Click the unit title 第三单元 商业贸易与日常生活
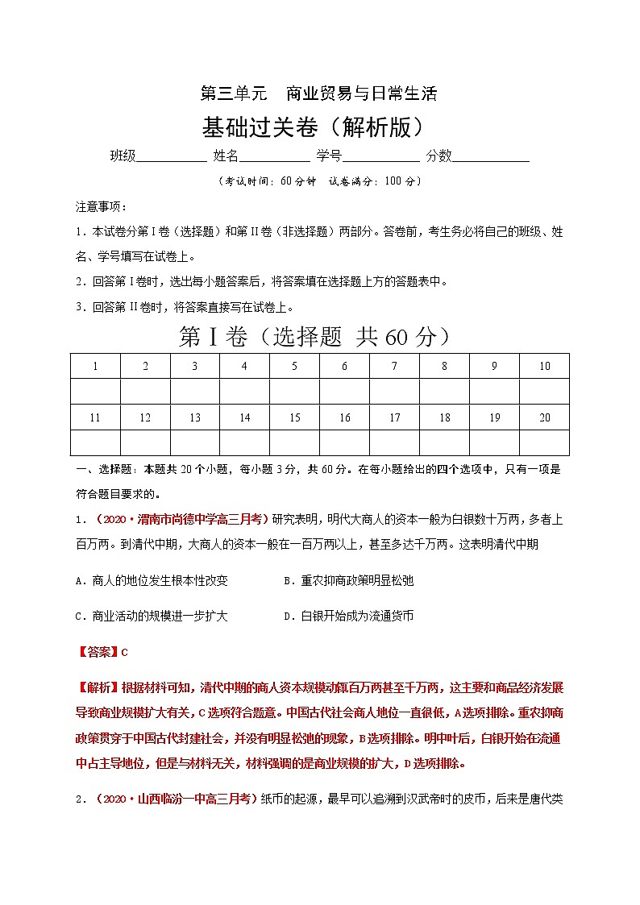[318, 93]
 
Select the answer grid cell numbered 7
[394, 366]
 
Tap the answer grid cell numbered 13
[195, 417]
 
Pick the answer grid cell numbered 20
[545, 417]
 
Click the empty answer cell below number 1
[95, 392]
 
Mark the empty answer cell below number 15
[294, 442]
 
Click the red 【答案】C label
[102, 653]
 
